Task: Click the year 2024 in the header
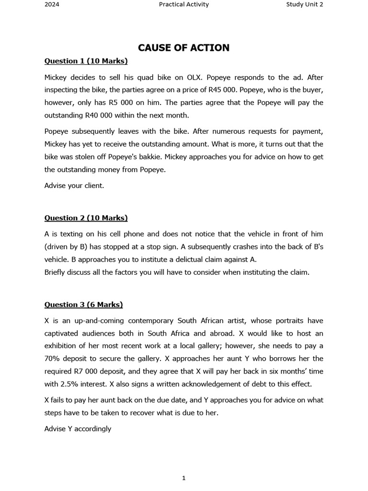pos(52,5)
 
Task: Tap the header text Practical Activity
pos(184,5)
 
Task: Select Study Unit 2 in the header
pos(304,5)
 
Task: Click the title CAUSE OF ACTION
pos(184,47)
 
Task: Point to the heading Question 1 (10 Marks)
pos(86,61)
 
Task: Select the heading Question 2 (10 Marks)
pos(86,218)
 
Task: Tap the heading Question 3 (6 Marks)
pos(83,304)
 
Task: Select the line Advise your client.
pos(74,186)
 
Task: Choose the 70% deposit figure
pos(52,358)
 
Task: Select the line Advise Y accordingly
pos(78,429)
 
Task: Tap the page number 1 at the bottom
pos(184,478)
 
